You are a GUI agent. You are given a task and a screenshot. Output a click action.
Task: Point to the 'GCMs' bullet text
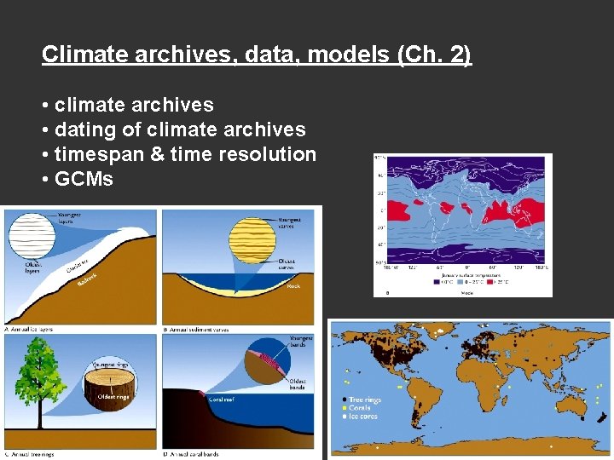[x=84, y=180]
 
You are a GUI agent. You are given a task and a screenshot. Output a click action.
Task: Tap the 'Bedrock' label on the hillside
[x=88, y=277]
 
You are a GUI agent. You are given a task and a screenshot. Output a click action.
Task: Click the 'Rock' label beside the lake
[x=293, y=286]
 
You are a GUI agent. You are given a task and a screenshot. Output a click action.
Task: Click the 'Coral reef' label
[x=223, y=398]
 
